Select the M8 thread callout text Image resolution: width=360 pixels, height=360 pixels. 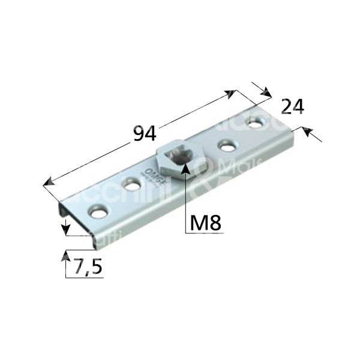coord(205,223)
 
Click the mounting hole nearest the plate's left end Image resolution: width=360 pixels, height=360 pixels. coord(97,212)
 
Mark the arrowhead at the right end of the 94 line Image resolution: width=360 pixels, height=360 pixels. coord(232,92)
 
